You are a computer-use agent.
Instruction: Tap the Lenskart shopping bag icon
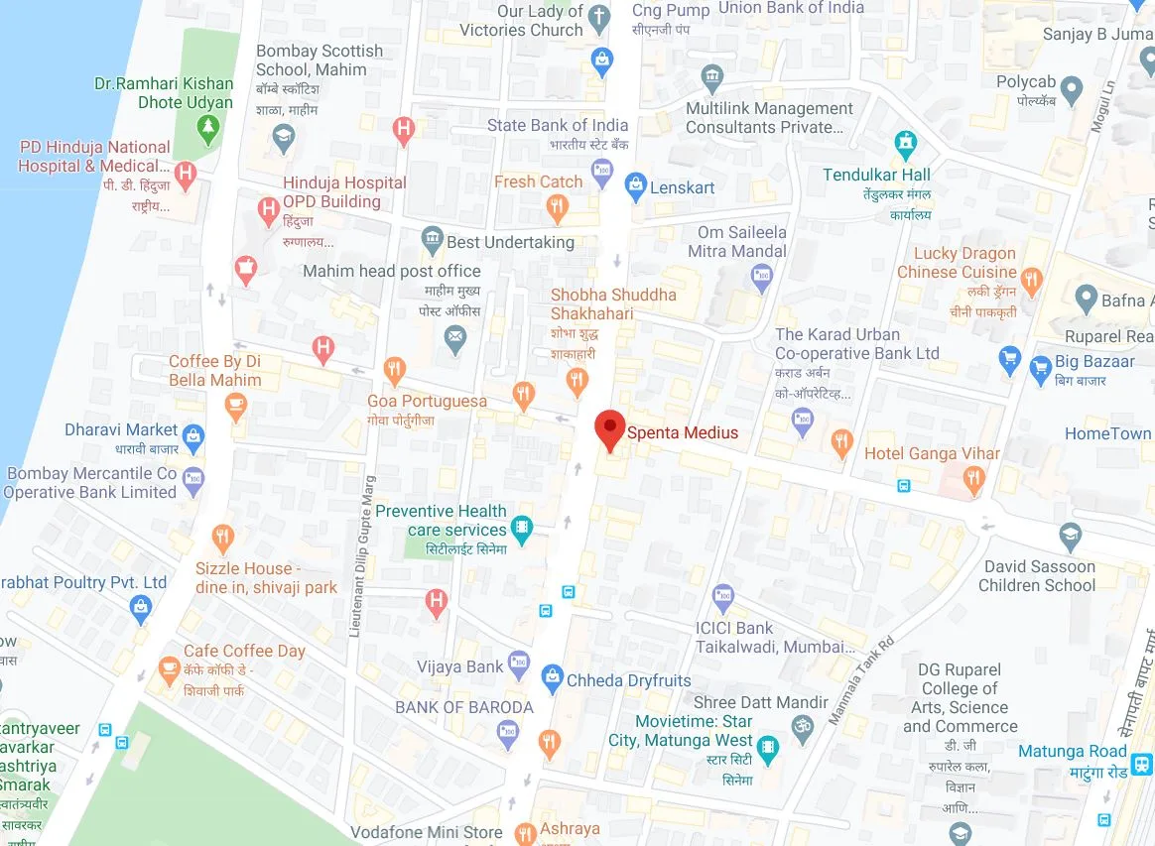coord(635,186)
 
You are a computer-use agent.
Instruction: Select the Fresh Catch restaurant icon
coord(557,208)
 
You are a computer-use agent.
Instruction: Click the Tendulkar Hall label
coord(876,175)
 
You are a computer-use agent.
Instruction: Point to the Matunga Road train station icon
coord(1143,764)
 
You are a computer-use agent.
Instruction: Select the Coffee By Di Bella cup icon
coord(235,404)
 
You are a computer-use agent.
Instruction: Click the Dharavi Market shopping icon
coord(193,435)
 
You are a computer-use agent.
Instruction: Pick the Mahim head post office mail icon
coord(455,340)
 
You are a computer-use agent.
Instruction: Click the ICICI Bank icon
coord(724,598)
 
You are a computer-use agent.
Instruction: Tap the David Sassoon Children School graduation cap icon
coord(1070,539)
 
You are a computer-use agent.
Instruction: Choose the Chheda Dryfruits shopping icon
coord(552,679)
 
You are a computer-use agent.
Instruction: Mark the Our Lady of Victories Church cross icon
coord(598,17)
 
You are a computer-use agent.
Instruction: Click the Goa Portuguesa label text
coord(427,402)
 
